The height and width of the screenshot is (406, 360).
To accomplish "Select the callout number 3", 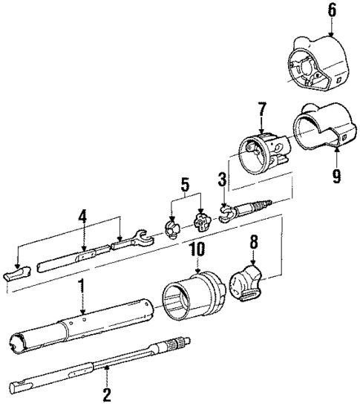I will (x=221, y=180).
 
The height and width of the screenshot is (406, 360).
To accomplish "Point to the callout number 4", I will (x=84, y=216).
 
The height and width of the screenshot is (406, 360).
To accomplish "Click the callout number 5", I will (x=186, y=183).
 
